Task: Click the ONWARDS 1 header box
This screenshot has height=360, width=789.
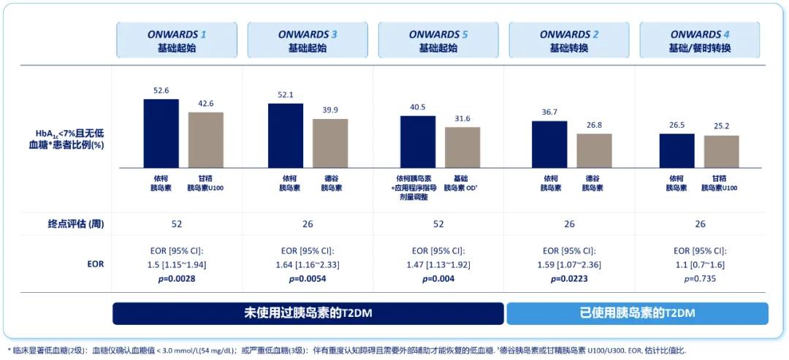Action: (x=176, y=41)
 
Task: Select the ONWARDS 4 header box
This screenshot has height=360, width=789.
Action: (x=699, y=41)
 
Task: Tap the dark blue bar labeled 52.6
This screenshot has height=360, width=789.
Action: (x=161, y=134)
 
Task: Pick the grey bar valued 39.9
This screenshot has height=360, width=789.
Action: (x=330, y=143)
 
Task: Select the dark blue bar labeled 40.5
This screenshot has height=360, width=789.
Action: (x=417, y=142)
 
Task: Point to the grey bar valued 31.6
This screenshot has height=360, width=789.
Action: (x=462, y=148)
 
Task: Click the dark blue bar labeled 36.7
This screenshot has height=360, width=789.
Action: (x=549, y=145)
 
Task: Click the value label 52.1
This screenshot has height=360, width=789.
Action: (x=286, y=96)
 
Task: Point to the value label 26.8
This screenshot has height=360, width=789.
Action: (x=594, y=125)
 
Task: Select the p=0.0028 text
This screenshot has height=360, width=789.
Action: (x=176, y=278)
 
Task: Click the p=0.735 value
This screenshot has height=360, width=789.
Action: (x=700, y=278)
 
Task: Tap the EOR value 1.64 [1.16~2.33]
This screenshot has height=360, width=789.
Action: (x=307, y=264)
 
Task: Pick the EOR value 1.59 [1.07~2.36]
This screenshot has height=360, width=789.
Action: (x=568, y=264)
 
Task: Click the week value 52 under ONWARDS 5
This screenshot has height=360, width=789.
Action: (x=438, y=224)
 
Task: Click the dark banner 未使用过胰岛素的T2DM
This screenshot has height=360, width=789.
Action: (x=308, y=313)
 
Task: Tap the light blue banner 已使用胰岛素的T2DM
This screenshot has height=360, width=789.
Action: (x=637, y=313)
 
